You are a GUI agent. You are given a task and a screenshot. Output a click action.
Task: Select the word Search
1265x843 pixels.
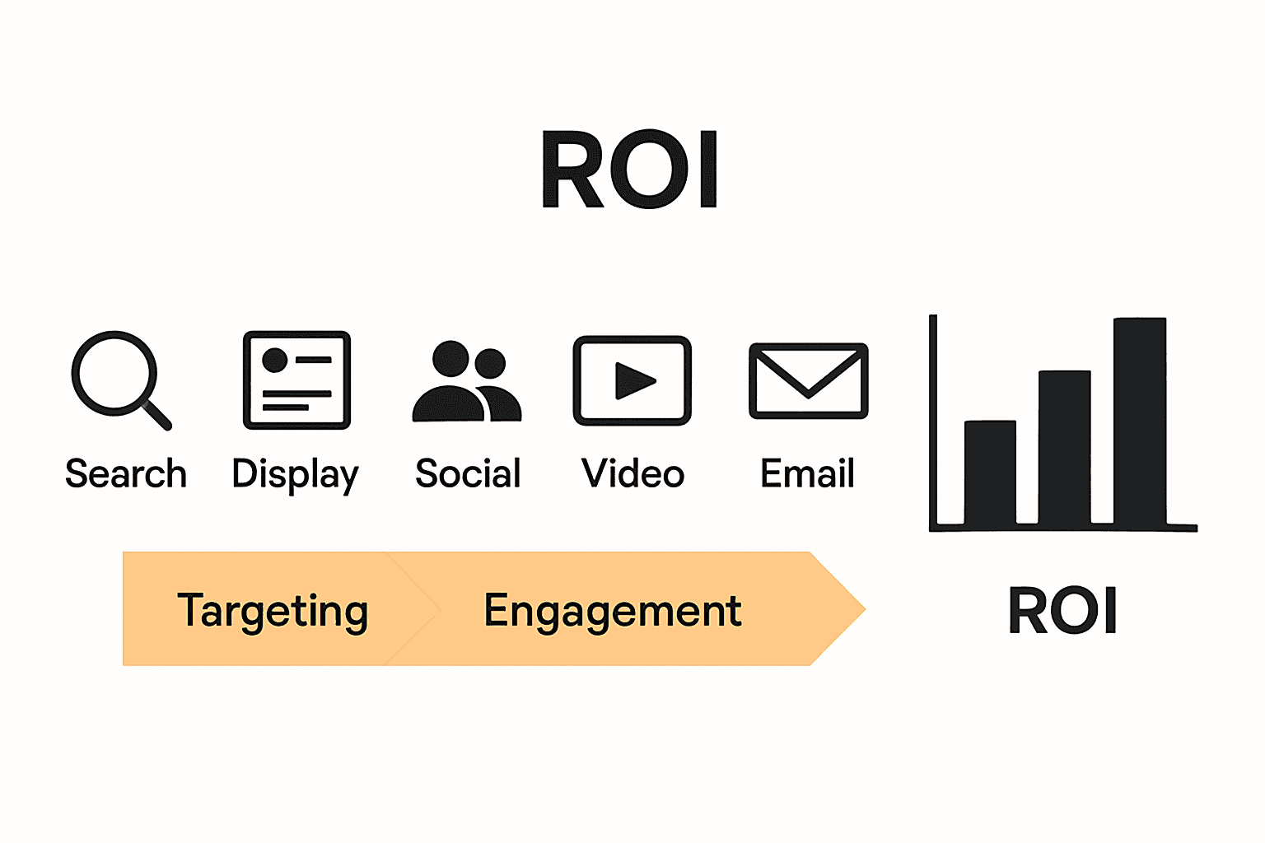(x=126, y=474)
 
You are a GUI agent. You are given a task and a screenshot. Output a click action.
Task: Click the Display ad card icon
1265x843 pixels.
(x=296, y=380)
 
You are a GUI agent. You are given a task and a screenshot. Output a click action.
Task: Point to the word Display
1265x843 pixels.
(x=295, y=475)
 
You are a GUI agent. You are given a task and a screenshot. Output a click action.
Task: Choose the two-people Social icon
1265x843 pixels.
(x=466, y=382)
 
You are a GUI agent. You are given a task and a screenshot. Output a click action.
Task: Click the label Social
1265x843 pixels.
(x=468, y=474)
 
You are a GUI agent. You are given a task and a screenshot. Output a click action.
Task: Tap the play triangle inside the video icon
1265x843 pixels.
(x=633, y=380)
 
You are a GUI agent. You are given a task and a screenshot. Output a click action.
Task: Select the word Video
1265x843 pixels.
(x=632, y=474)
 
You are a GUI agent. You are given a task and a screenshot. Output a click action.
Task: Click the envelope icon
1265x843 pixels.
(x=808, y=381)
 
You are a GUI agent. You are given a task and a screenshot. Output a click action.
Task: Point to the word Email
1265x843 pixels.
(x=807, y=474)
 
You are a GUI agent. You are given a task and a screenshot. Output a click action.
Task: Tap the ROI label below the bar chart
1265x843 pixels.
(x=1062, y=611)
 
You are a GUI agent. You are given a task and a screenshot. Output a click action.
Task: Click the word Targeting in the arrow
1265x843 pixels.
(x=273, y=611)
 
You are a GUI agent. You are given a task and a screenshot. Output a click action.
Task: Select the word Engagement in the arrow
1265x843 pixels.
(x=612, y=611)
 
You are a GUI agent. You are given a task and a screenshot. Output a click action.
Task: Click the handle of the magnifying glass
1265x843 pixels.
(x=156, y=414)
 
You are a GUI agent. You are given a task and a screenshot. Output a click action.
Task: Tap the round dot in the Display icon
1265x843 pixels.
(x=274, y=361)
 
